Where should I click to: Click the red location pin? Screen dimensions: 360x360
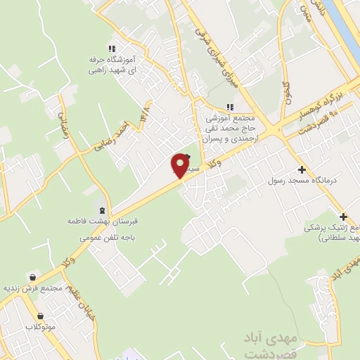point(181,165)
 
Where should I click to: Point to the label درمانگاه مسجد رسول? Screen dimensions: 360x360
point(303,181)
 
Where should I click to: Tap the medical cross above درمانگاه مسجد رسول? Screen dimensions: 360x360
point(302,169)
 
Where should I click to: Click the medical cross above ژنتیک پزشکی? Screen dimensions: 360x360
point(343,217)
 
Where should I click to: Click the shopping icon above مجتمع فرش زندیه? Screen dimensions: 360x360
point(32,277)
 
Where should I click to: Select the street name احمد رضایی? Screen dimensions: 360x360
point(112,138)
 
